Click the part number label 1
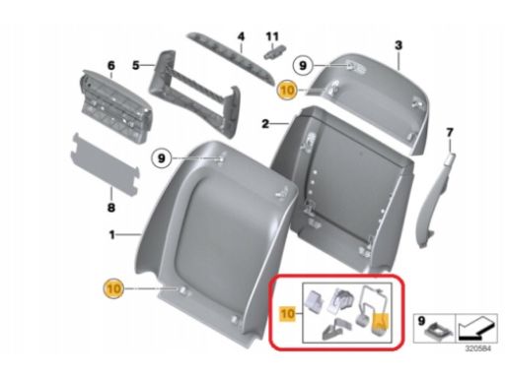(112, 235)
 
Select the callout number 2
(265, 124)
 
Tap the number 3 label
(398, 45)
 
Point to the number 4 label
(241, 36)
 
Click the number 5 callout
(136, 65)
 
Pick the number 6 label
(111, 66)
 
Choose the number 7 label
(450, 133)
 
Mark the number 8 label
(111, 208)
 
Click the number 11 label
(272, 36)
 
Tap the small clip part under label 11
(274, 52)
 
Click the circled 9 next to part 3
(303, 66)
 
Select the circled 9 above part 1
(161, 158)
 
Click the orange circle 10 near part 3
(287, 90)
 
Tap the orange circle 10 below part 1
(113, 288)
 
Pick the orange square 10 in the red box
(287, 314)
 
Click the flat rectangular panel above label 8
(106, 164)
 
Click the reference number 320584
(477, 348)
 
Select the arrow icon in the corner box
(475, 329)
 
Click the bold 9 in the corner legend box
(422, 321)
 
